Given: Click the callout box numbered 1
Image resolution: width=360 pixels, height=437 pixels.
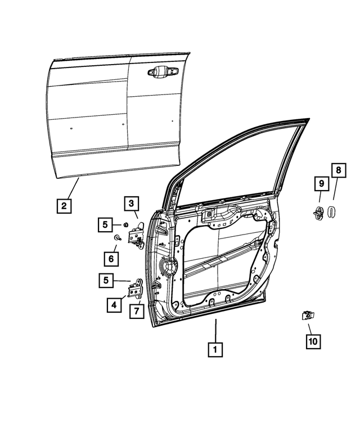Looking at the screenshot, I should point(214,349).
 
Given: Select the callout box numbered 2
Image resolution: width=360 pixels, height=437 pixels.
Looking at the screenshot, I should point(64,206).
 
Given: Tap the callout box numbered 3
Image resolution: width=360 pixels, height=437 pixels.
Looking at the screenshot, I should point(130,203).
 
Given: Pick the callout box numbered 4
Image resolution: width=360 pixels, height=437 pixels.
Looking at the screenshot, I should point(114,305).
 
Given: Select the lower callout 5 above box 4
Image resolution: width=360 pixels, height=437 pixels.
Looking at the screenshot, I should point(105,279).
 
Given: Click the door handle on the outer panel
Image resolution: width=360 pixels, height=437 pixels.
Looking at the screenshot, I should point(162,72).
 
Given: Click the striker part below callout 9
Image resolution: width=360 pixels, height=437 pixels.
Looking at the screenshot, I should point(318,213).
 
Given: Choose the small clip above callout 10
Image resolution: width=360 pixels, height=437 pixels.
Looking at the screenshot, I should point(307,316).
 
